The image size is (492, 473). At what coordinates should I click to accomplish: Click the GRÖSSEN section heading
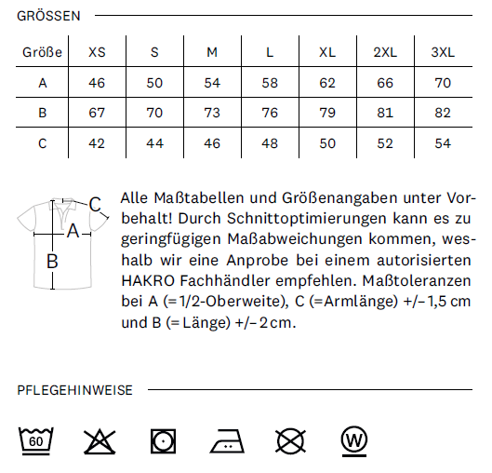pos(48,16)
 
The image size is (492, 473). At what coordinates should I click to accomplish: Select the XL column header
pos(327,52)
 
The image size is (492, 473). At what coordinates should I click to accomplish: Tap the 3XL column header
pos(443,52)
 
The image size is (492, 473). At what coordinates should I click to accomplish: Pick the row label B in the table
pos(42,114)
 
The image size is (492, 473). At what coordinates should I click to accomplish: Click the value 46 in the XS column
pos(97,83)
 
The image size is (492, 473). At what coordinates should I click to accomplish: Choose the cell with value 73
pos(212,114)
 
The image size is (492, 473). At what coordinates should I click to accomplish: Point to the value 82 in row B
pos(443,114)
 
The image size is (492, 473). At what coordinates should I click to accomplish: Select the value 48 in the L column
pos(270,143)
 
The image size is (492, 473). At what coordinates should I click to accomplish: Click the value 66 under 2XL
pos(385,83)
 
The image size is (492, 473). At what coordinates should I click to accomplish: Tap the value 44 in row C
pos(154,143)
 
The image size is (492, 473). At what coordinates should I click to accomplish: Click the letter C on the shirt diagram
pos(94,204)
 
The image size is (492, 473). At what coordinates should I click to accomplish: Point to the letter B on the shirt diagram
pos(53,262)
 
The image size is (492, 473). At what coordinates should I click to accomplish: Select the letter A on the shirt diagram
pos(73,226)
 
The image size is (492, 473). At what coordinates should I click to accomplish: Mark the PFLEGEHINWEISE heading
pos(75,390)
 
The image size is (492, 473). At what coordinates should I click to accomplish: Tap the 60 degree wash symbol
pos(36,439)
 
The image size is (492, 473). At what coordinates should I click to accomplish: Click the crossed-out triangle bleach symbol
pos(100,439)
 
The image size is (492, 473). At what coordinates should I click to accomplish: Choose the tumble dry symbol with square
pos(164,439)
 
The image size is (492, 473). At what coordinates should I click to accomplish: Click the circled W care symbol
pos(353,439)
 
